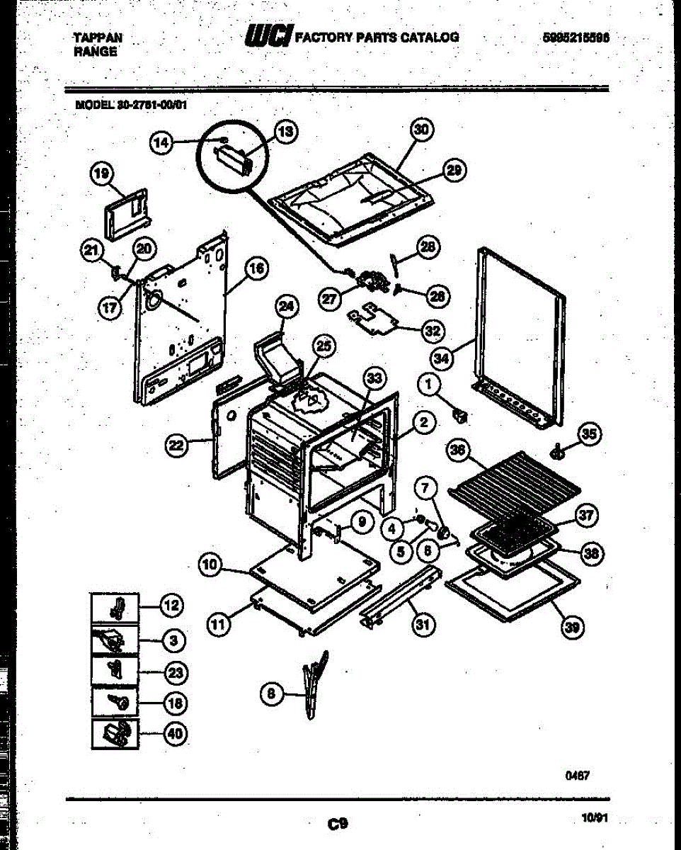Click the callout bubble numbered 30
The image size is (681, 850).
click(423, 130)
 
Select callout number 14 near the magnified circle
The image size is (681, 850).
click(162, 143)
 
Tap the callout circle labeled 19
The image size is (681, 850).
click(102, 174)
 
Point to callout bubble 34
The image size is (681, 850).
click(442, 359)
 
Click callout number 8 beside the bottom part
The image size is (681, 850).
click(271, 694)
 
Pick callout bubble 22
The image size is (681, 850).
click(177, 445)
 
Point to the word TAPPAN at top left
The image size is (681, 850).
click(98, 38)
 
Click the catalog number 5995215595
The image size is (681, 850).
click(576, 38)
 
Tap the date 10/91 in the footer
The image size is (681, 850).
click(593, 817)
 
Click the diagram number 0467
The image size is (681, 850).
click(577, 776)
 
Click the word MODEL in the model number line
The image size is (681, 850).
click(95, 103)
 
